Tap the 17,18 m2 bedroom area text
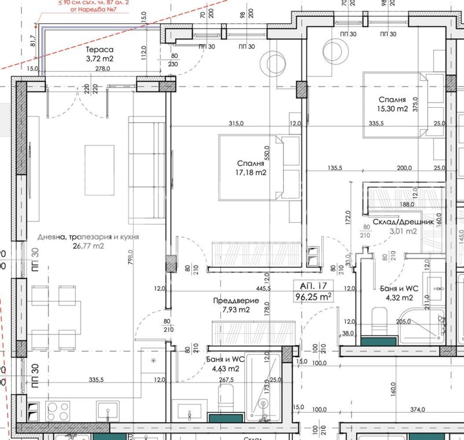pos(251,172)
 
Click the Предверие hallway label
pos(231,300)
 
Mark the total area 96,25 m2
pos(313,296)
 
